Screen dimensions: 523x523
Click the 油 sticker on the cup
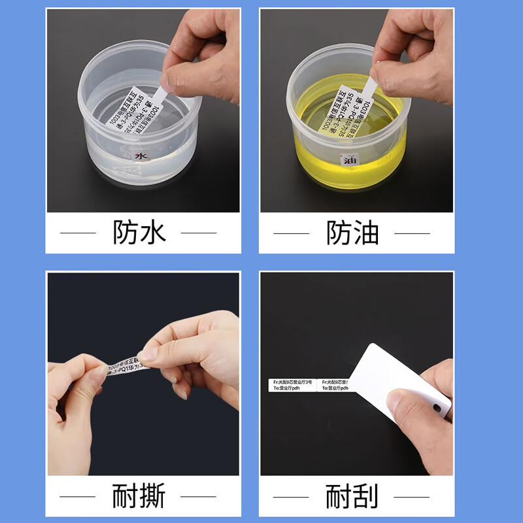pyautogui.click(x=349, y=159)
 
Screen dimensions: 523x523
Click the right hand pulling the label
pyautogui.click(x=196, y=353)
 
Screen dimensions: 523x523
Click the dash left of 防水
pyautogui.click(x=78, y=232)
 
